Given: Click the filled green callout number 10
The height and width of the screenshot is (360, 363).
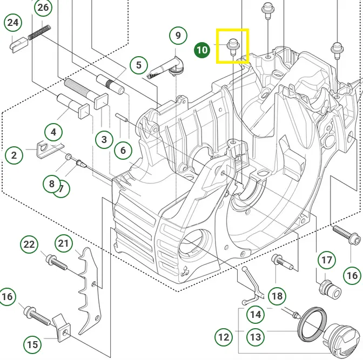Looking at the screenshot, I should (x=202, y=50).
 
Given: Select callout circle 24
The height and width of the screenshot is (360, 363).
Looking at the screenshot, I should (x=13, y=23).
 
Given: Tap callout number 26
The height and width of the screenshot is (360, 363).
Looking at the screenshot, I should (x=43, y=8).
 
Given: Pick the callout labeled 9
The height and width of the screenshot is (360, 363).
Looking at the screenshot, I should (x=178, y=37).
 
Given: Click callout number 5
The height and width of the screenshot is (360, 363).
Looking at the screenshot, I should (x=139, y=65).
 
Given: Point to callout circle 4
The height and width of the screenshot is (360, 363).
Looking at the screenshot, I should (x=53, y=132).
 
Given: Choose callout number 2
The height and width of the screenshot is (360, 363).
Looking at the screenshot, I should (x=14, y=155).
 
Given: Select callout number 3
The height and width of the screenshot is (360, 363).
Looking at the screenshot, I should (x=104, y=139).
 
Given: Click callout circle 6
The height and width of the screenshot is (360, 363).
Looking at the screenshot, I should (x=123, y=151).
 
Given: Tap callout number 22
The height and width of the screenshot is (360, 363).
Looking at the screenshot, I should (x=29, y=244).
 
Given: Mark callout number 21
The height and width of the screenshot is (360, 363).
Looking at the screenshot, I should (x=64, y=243).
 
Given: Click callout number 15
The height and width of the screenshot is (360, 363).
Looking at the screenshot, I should (x=32, y=344).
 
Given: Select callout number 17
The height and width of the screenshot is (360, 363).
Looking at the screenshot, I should (x=327, y=261).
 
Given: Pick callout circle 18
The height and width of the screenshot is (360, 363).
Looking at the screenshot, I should (x=277, y=296).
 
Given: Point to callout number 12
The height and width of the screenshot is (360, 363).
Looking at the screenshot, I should (x=223, y=338).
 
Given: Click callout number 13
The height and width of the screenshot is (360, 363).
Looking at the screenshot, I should (x=256, y=337).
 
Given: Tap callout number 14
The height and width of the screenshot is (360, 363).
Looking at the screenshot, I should (x=256, y=314).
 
